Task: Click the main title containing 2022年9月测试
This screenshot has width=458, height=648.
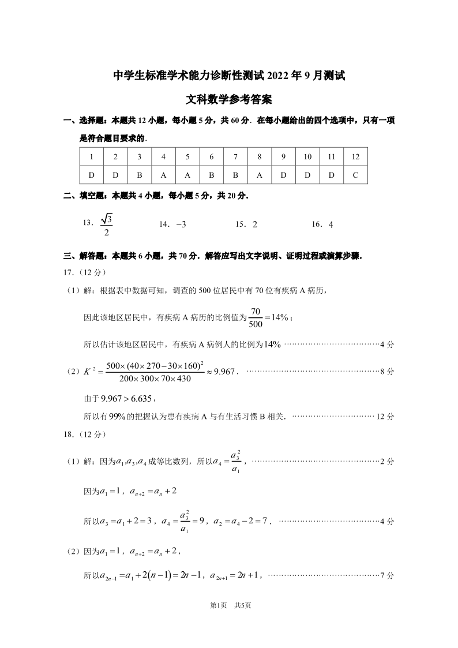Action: click(228, 75)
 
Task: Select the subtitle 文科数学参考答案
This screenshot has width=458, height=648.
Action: click(228, 99)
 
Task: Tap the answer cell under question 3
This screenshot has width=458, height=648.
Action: click(140, 175)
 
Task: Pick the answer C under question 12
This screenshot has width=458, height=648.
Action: click(355, 175)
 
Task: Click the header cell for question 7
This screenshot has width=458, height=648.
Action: click(235, 157)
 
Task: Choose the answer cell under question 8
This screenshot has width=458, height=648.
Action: click(260, 175)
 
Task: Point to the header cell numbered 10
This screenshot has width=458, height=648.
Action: click(307, 157)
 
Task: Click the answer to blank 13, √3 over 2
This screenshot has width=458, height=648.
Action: click(106, 224)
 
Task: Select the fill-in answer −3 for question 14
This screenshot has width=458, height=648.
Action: click(180, 225)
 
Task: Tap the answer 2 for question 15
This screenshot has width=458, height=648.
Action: click(254, 225)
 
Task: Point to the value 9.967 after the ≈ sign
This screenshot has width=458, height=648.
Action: click(224, 372)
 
